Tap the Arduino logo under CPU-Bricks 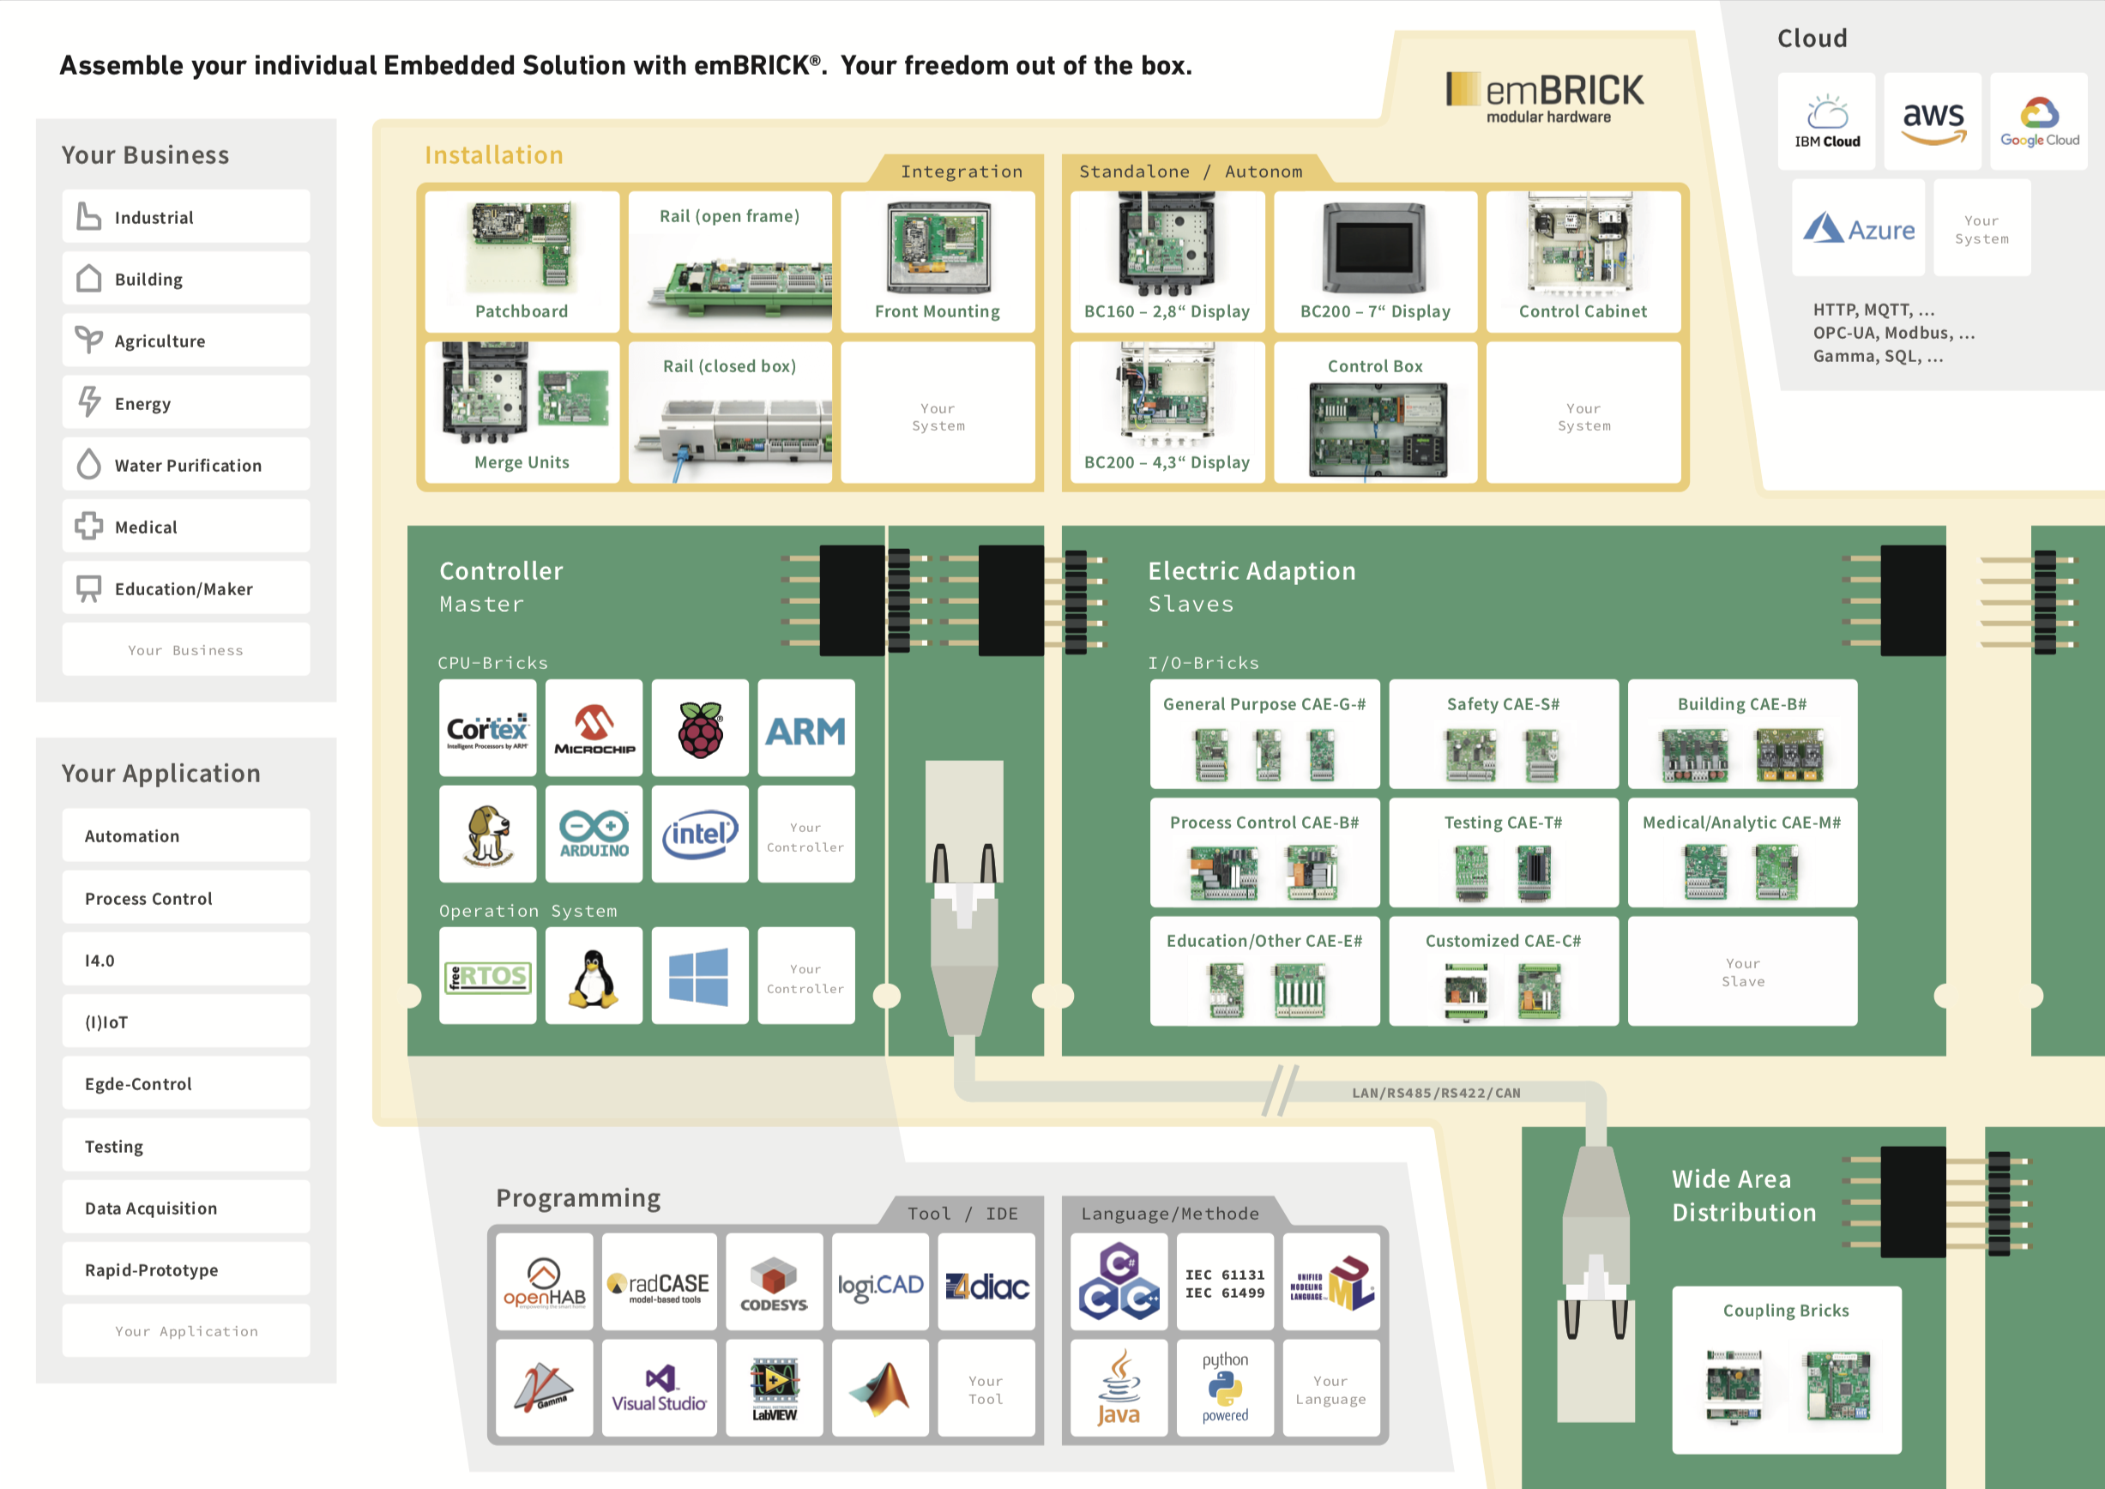594,834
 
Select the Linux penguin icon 594,975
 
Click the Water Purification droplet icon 89,464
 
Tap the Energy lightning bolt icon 89,401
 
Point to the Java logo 1119,1387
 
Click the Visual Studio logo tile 659,1387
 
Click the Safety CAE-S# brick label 1503,704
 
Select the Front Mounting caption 937,311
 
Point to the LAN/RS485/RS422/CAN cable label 1436,1093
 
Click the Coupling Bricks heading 1785,1311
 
